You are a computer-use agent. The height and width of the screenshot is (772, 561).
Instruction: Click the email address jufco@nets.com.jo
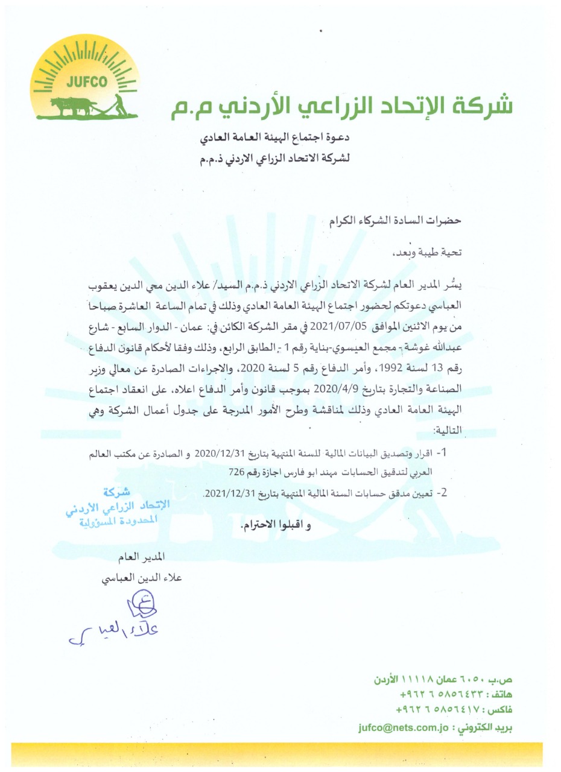point(403,727)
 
